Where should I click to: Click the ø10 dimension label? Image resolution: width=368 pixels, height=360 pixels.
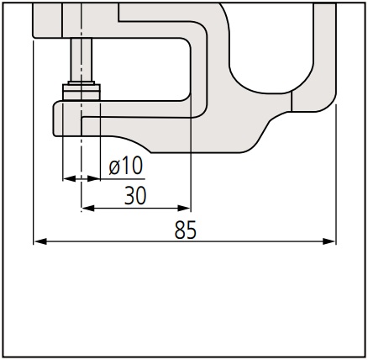pos(126,166)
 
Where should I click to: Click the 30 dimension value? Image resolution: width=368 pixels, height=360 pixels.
pos(135,195)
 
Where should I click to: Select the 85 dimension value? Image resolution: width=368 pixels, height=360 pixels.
pos(186,230)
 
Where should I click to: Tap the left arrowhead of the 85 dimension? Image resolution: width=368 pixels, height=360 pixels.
pos(40,241)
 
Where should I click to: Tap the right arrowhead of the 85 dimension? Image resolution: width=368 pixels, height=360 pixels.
pos(329,241)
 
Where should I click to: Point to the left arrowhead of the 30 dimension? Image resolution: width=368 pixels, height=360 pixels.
pos(87,209)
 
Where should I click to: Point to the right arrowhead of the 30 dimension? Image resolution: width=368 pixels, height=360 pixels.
pos(184,209)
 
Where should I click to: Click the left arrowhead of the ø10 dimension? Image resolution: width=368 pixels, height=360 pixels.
pos(69,178)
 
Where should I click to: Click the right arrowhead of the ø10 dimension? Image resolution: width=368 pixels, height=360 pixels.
pos(94,178)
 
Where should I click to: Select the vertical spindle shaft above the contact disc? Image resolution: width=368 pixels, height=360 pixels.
pos(81,60)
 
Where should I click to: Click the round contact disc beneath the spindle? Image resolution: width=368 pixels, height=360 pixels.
pos(81,92)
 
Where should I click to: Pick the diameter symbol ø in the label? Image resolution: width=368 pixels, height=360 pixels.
pos(114,167)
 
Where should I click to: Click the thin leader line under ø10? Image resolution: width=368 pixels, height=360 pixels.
pos(123,178)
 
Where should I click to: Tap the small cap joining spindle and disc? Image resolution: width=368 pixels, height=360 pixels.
pos(81,82)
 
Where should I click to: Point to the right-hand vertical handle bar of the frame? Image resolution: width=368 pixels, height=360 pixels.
pos(324,53)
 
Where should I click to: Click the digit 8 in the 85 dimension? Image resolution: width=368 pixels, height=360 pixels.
pos(180,230)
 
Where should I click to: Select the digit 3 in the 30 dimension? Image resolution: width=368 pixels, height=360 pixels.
pos(129,195)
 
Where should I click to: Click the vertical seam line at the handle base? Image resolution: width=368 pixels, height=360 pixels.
pos(292,101)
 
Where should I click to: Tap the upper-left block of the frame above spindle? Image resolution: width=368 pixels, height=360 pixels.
pos(47,20)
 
